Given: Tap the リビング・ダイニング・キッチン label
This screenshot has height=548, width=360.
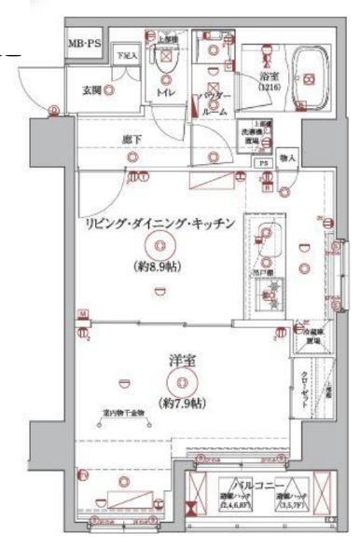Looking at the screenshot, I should click(x=159, y=223).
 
